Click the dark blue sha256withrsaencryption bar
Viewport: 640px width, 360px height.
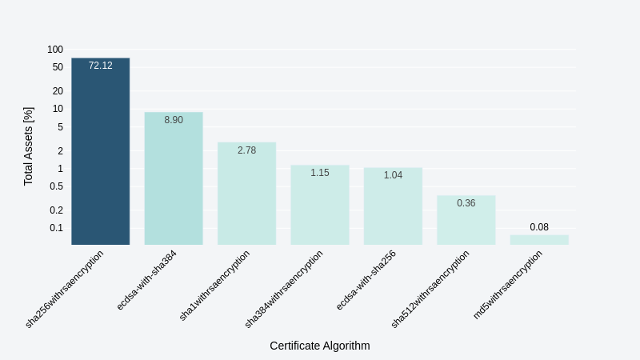point(100,152)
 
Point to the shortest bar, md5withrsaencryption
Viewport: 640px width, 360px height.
point(539,239)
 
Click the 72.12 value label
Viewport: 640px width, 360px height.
point(100,66)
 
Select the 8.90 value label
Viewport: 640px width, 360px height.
point(174,120)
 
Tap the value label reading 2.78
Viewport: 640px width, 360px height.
point(246,150)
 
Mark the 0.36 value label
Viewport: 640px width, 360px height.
point(466,203)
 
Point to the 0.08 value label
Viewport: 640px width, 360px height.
point(539,227)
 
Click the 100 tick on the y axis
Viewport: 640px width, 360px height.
point(55,50)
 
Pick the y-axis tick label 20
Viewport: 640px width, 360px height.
point(58,91)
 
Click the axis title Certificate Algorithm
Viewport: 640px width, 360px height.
point(320,346)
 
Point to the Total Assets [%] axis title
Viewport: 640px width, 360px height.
point(29,146)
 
